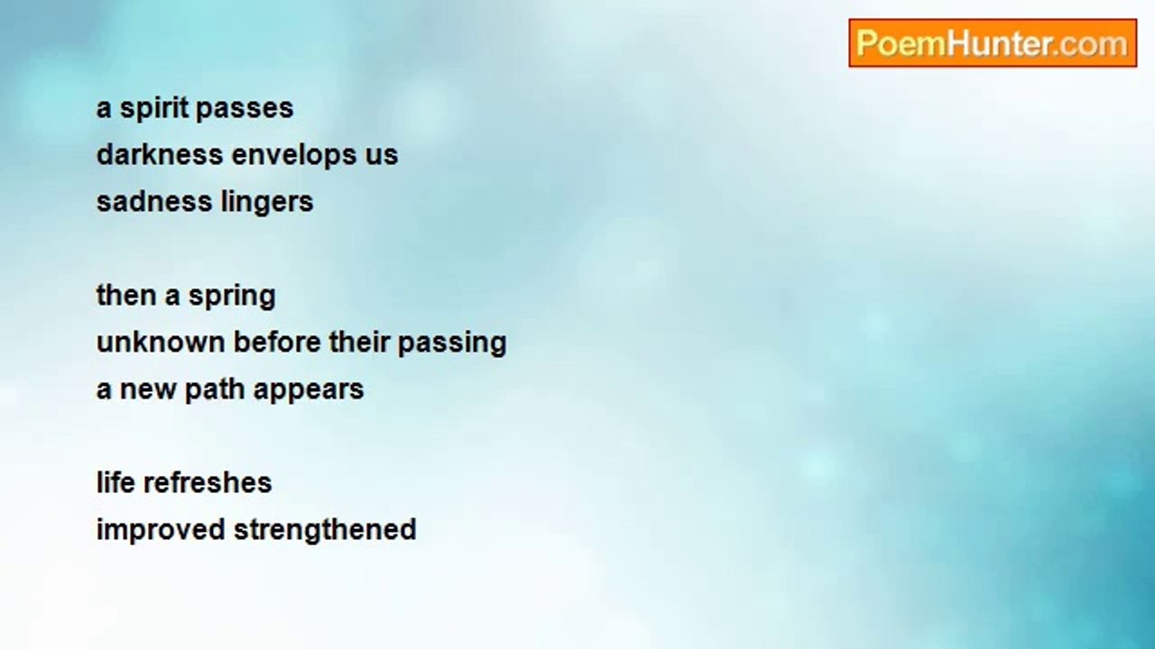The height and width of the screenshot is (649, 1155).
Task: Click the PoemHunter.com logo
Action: [993, 43]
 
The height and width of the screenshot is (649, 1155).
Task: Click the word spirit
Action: [154, 109]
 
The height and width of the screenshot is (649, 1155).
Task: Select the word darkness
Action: [160, 154]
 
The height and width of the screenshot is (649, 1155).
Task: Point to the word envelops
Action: [295, 156]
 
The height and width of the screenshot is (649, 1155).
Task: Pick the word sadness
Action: [154, 201]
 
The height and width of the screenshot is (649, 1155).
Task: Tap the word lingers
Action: [267, 203]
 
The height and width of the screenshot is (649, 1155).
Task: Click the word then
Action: [126, 295]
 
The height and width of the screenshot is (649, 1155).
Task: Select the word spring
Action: [232, 297]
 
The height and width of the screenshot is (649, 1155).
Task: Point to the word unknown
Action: [161, 343]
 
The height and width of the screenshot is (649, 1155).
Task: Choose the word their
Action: [359, 343]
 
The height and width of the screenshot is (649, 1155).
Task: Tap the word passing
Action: [452, 344]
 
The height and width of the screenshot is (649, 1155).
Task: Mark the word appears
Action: [309, 391]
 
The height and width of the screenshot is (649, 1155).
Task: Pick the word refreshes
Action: [208, 482]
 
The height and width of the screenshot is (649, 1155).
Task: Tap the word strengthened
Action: [325, 531]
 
